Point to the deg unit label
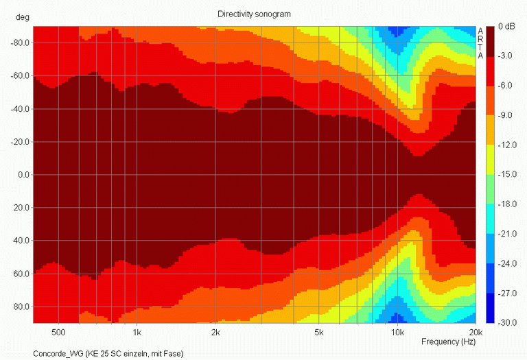tap(14, 27)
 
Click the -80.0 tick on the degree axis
tap(19, 43)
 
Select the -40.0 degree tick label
tap(19, 109)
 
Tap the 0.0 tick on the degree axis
tap(23, 175)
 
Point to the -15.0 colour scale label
tap(506, 174)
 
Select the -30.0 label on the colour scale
tap(506, 322)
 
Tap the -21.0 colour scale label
tap(506, 233)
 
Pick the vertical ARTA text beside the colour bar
tap(480, 43)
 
